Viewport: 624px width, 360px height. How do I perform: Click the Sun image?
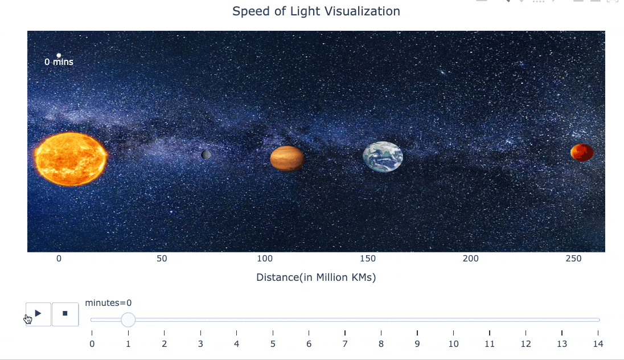(x=71, y=159)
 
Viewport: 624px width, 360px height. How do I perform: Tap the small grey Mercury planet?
(x=206, y=154)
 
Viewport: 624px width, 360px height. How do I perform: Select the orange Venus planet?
(x=287, y=158)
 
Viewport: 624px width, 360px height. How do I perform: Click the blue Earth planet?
(x=383, y=157)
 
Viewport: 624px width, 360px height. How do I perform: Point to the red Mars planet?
(x=582, y=153)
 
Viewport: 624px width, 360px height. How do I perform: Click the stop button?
(x=65, y=314)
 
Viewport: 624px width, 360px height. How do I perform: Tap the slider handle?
(x=128, y=320)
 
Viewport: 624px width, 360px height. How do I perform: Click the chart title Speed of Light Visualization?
(x=316, y=11)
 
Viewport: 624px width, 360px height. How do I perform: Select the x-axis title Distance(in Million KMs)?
(x=316, y=277)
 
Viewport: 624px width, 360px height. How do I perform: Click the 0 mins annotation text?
(x=59, y=62)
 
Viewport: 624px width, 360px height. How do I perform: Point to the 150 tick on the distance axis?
(x=368, y=259)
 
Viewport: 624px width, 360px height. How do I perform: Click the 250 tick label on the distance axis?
(x=574, y=259)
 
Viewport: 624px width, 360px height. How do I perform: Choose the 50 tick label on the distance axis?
(x=162, y=259)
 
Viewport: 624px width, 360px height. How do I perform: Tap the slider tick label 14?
(x=598, y=343)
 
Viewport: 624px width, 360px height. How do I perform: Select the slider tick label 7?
(x=345, y=343)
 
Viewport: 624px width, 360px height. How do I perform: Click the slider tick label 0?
(x=92, y=343)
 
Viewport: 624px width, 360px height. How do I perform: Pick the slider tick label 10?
(x=453, y=343)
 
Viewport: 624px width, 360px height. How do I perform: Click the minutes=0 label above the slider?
(x=108, y=302)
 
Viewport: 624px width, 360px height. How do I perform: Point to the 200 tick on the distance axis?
(x=471, y=259)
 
